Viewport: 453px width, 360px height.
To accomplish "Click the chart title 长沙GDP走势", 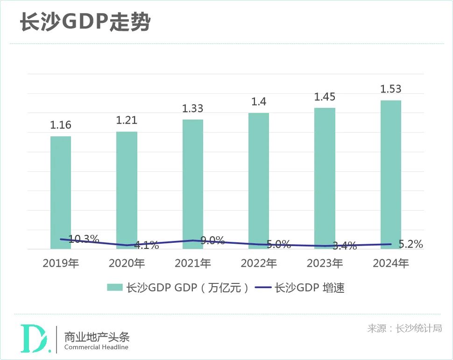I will [85, 22].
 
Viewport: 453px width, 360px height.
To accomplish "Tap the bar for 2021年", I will [192, 184].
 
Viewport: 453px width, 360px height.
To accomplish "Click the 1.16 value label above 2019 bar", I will [61, 125].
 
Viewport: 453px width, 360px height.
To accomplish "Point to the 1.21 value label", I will [127, 120].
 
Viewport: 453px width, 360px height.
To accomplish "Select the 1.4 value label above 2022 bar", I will [258, 101].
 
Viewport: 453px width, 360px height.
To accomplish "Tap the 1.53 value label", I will [390, 89].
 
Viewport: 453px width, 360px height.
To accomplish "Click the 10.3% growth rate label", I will [84, 239].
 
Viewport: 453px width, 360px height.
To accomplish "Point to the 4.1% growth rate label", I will [146, 245].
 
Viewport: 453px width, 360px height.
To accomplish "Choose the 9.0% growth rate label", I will [212, 240].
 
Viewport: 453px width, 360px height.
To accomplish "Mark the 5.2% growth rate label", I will [411, 244].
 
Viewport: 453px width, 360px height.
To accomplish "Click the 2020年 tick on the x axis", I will [127, 263].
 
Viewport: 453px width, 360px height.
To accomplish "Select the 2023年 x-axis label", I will [325, 263].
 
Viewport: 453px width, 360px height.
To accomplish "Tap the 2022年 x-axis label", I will [258, 263].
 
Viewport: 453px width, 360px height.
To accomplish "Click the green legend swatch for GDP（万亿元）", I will [114, 288].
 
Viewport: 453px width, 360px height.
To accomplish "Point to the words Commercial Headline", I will [96, 347].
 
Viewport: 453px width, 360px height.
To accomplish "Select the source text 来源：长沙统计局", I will [404, 328].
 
